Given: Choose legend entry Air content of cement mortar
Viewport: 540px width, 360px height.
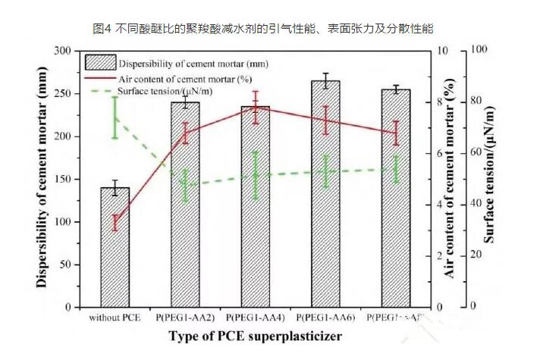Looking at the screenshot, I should click(x=185, y=78).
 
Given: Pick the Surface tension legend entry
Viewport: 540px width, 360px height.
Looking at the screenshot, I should click(x=163, y=91).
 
